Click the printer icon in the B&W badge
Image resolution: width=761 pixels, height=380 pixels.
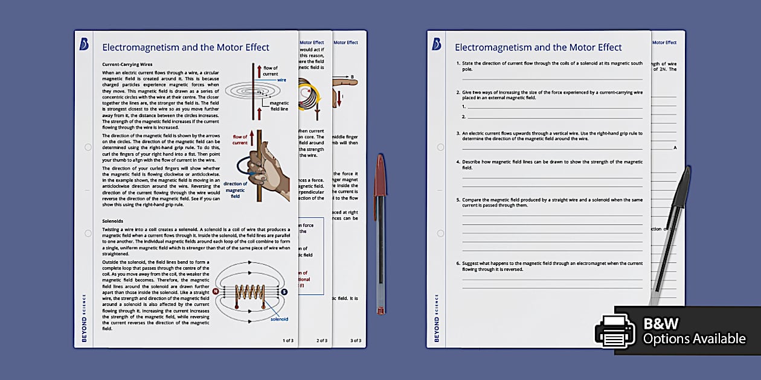615,331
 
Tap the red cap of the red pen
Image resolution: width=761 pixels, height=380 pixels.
380,176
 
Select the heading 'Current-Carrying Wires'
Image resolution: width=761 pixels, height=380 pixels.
127,64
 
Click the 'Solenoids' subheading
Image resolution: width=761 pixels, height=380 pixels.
112,221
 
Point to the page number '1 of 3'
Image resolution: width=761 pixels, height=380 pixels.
288,341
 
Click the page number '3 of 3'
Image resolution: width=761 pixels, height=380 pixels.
356,341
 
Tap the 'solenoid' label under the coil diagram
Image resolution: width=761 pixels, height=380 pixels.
279,319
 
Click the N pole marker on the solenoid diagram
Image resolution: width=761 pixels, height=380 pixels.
216,291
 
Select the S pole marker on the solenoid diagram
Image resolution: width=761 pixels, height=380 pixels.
284,291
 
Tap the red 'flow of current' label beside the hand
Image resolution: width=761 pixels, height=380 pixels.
240,140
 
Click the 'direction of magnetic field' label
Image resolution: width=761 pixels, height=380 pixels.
235,190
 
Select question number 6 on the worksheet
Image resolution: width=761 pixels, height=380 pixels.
458,264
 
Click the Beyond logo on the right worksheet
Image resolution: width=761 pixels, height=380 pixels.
437,45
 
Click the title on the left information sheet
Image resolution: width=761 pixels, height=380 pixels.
185,48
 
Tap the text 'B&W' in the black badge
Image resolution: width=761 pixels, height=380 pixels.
660,324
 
